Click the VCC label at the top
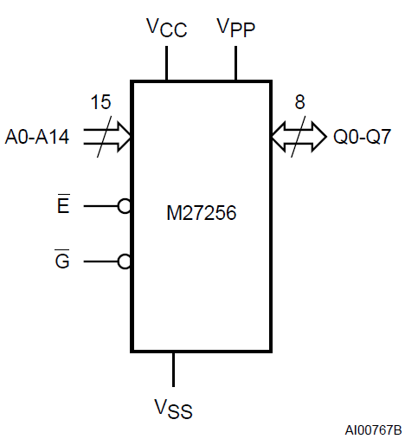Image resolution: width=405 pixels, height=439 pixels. pyautogui.click(x=167, y=28)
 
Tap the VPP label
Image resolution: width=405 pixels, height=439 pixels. pyautogui.click(x=236, y=28)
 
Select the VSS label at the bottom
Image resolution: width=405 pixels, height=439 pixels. pyautogui.click(x=173, y=409)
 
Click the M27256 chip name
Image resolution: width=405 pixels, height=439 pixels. pyautogui.click(x=202, y=213)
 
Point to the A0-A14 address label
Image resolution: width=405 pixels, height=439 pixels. pyautogui.click(x=37, y=137)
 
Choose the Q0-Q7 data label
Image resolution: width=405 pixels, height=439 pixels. pyautogui.click(x=362, y=137)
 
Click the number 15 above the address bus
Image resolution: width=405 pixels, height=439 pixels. pyautogui.click(x=100, y=102)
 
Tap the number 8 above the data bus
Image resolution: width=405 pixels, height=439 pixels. pyautogui.click(x=300, y=102)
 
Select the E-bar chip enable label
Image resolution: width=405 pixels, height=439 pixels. pyautogui.click(x=63, y=203)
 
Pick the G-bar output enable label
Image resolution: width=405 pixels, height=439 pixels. pyautogui.click(x=62, y=259)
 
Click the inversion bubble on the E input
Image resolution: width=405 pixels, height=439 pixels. pyautogui.click(x=125, y=206)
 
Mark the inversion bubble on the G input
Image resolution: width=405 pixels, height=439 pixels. pyautogui.click(x=125, y=261)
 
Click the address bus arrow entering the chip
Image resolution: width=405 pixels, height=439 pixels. pyautogui.click(x=107, y=137)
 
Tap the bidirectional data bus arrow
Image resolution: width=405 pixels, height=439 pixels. pyautogui.click(x=299, y=137)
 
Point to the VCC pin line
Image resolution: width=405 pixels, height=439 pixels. pyautogui.click(x=166, y=63)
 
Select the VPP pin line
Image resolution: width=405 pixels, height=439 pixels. pyautogui.click(x=236, y=63)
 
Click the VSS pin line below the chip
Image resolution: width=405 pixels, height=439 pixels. pyautogui.click(x=173, y=370)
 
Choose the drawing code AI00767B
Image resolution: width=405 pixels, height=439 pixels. pyautogui.click(x=373, y=430)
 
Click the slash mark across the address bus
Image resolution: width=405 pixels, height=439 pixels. pyautogui.click(x=104, y=137)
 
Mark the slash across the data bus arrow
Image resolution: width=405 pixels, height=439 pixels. pyautogui.click(x=299, y=137)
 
